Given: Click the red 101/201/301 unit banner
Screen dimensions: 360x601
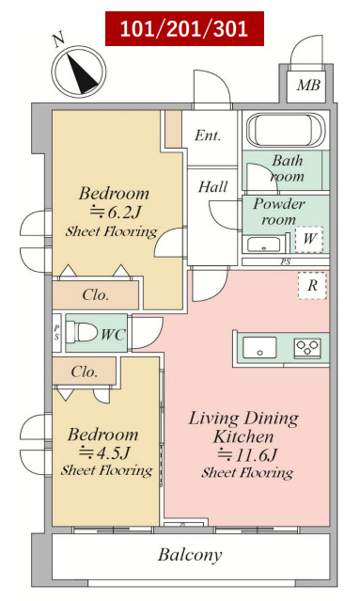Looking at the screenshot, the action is (x=184, y=29).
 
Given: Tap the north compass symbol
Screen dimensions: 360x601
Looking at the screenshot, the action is (x=79, y=71).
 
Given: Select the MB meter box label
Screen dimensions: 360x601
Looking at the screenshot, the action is (x=308, y=85).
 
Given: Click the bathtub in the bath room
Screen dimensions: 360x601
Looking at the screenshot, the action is (x=286, y=130).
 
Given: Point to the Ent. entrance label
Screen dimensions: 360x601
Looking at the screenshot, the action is (x=208, y=134).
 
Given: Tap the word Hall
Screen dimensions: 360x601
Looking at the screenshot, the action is (x=213, y=186).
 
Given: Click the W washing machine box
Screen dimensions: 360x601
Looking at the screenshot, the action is (x=309, y=239).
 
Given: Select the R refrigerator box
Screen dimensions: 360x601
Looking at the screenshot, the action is (x=312, y=286).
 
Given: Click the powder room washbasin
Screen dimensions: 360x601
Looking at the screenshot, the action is (x=263, y=245).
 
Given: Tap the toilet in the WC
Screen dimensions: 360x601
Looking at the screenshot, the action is (x=82, y=332).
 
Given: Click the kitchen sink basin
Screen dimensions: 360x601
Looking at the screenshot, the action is (x=259, y=348).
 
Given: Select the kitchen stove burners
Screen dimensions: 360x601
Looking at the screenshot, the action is (x=307, y=348).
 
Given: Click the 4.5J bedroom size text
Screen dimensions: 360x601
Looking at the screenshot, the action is (x=104, y=453).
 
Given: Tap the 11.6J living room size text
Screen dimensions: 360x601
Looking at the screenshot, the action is (x=247, y=455).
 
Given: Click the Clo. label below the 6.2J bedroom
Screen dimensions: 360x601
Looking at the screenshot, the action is (x=96, y=294).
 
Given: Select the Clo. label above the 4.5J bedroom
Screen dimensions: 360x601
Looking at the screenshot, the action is (x=85, y=372).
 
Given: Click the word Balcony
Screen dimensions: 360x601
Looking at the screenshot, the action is (x=191, y=555).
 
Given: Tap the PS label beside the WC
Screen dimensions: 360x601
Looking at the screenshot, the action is (x=56, y=333).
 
